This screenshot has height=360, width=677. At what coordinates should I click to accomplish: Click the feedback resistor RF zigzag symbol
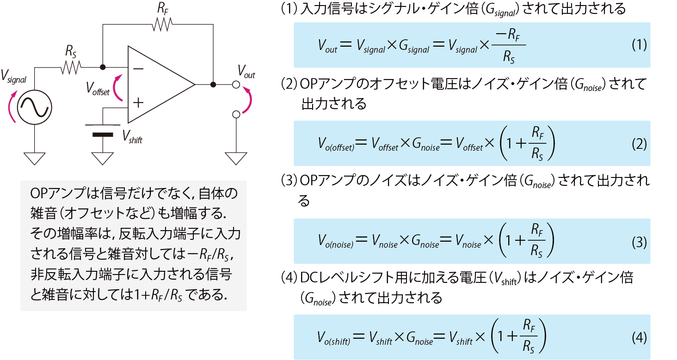pyautogui.click(x=162, y=24)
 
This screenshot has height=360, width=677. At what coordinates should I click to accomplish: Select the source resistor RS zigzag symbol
pyautogui.click(x=70, y=67)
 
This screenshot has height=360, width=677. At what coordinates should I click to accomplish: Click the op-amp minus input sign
pyautogui.click(x=138, y=68)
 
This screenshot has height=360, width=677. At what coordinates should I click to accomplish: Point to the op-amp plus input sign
pyautogui.click(x=138, y=102)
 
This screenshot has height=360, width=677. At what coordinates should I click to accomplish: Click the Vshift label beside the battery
pyautogui.click(x=132, y=136)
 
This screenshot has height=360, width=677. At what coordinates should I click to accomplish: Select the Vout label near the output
pyautogui.click(x=246, y=72)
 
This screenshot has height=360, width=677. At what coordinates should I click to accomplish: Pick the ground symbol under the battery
pyautogui.click(x=102, y=159)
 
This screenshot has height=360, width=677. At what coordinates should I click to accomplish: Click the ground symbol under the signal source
pyautogui.click(x=35, y=159)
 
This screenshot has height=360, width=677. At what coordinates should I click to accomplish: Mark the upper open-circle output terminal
pyautogui.click(x=236, y=85)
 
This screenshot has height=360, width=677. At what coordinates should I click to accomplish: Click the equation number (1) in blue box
pyautogui.click(x=639, y=45)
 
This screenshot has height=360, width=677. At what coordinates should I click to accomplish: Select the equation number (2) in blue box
pyautogui.click(x=639, y=144)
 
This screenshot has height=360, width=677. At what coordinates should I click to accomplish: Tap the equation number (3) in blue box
pyautogui.click(x=639, y=242)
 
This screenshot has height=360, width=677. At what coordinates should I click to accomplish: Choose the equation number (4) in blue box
pyautogui.click(x=639, y=338)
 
